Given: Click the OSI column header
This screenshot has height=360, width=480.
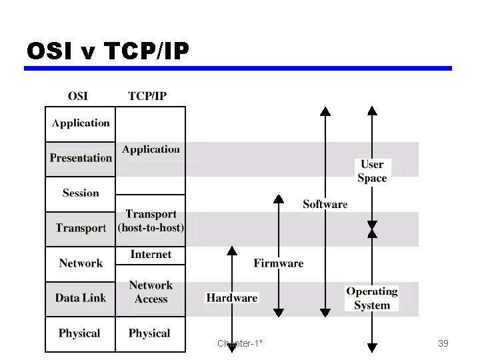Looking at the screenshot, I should (77, 95).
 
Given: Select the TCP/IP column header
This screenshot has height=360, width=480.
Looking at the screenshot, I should (147, 95).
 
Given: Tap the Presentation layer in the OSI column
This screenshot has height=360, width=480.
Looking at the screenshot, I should (80, 158).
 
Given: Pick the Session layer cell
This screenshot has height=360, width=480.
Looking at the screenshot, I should (80, 193).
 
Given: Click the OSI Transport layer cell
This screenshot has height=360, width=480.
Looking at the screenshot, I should (80, 228).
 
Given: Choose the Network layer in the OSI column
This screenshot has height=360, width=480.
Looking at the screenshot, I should (80, 263).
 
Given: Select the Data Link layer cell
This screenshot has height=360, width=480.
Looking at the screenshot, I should (80, 298).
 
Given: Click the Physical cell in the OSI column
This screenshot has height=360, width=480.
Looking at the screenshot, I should (79, 333).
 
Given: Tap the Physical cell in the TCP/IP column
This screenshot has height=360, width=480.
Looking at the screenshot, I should (149, 333).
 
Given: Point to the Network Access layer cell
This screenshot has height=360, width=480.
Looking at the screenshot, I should (151, 292).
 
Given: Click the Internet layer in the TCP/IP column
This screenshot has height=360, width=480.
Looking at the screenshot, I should (151, 255).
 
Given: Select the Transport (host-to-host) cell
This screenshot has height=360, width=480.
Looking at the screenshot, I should (151, 221).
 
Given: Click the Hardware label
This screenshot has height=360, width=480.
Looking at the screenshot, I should (231, 298).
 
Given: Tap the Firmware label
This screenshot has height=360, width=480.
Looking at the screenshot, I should (278, 263).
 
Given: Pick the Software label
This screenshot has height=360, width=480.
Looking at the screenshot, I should (325, 204).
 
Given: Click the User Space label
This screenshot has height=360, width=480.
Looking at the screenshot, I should (372, 171).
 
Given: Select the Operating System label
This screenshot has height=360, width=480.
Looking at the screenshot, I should (372, 298).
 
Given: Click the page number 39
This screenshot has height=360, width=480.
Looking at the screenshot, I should (443, 343).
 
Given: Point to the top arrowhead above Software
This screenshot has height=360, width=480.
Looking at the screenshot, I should (325, 111).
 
